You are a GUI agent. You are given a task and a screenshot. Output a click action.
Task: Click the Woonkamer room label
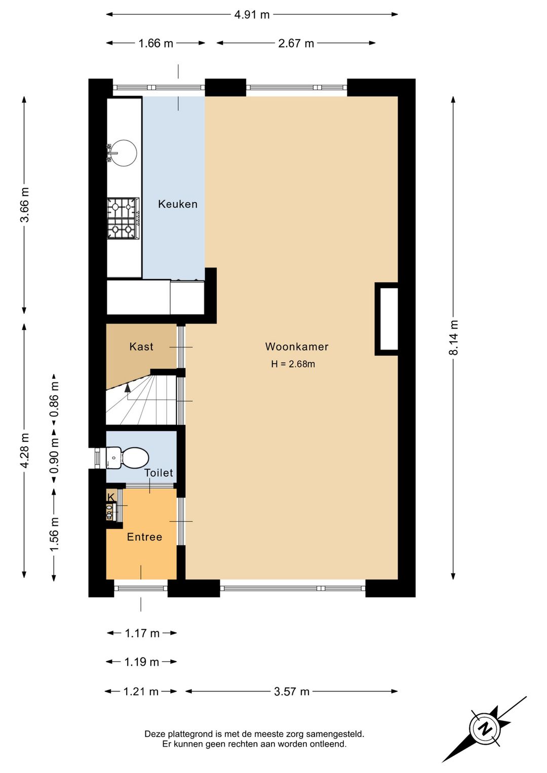point(296,346)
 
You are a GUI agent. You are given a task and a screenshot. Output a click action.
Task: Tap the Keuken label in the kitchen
point(178,204)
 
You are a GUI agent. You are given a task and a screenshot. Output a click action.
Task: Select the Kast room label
point(141,346)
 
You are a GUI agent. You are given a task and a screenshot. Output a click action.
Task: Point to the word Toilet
point(159,473)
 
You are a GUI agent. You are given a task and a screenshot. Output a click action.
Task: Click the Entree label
point(145,536)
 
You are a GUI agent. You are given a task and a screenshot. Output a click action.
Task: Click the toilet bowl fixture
point(127,458)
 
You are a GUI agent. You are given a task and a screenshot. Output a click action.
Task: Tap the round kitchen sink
point(123,152)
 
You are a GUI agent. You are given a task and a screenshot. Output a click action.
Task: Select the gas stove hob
point(123,218)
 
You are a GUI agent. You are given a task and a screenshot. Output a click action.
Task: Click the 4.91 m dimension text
point(252,15)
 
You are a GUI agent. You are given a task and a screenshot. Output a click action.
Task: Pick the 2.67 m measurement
point(296,44)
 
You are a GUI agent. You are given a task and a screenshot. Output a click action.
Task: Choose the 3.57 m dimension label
point(292,691)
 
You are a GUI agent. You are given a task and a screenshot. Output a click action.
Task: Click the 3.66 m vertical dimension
point(24,204)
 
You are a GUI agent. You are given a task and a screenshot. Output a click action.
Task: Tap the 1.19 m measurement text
point(141,662)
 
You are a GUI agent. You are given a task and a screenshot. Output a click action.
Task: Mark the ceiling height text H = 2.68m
point(293,364)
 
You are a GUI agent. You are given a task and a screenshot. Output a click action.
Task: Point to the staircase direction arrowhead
point(128,388)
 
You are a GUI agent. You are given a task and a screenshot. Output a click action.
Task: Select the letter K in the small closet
point(111,497)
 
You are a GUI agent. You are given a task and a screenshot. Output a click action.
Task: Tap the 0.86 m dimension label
point(54,400)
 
